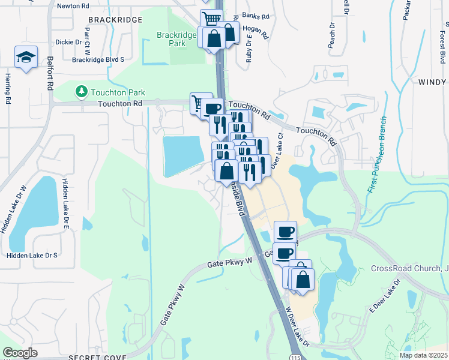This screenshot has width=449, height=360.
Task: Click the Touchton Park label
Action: (x=118, y=92)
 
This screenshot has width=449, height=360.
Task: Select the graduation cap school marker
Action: (x=26, y=57)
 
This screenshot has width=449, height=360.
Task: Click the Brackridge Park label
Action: (x=176, y=40)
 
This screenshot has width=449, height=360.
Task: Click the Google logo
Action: (x=20, y=353)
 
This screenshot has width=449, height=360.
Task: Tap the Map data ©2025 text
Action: (x=423, y=355)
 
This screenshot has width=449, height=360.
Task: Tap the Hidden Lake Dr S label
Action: (x=32, y=255)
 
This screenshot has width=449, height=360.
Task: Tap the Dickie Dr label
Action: (x=68, y=42)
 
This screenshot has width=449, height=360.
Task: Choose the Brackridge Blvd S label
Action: (x=98, y=59)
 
